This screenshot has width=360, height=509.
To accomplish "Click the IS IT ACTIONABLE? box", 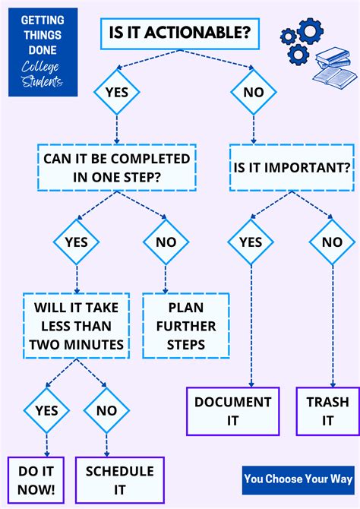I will click(x=179, y=34).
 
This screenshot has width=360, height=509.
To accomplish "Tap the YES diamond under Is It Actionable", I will click(x=116, y=93).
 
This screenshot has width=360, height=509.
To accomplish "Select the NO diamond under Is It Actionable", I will click(x=253, y=93).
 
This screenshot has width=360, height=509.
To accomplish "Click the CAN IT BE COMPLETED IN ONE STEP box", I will click(x=116, y=168).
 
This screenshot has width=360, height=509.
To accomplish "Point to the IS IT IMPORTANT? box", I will click(x=291, y=168).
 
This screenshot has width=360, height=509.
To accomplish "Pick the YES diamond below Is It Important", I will click(x=250, y=243).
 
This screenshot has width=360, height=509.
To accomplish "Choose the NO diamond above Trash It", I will click(x=332, y=243).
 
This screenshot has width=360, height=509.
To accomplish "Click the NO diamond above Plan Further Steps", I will click(x=166, y=243).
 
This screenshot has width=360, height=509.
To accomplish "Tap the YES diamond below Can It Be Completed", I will click(x=76, y=243).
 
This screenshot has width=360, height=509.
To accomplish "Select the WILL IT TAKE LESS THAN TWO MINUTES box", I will click(x=73, y=325).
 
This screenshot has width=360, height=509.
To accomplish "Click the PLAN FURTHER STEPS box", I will click(x=186, y=325).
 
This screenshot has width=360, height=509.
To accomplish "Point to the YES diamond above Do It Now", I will click(x=46, y=410).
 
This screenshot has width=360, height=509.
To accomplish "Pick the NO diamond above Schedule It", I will click(x=106, y=410).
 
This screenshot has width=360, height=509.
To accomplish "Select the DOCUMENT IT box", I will click(x=232, y=411).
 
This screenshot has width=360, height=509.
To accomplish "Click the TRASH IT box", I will click(x=327, y=411).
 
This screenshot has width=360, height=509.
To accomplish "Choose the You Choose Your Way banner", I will click(x=298, y=479).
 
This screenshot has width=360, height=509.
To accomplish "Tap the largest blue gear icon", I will click(x=310, y=32).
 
